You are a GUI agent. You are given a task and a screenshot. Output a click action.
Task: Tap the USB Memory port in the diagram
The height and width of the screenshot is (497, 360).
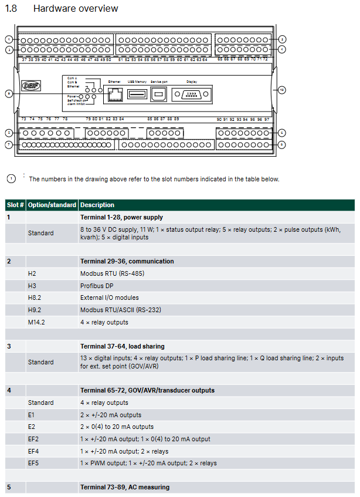click(137, 94)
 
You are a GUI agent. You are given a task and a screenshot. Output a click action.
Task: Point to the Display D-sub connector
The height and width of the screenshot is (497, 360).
click(192, 94)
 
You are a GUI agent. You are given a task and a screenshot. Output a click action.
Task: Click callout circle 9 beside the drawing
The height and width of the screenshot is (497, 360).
click(9, 93)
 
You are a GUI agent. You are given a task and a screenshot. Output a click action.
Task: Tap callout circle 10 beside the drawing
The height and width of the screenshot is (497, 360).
click(281, 90)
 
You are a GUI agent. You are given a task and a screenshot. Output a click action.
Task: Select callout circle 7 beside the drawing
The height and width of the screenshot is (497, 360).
click(9, 144)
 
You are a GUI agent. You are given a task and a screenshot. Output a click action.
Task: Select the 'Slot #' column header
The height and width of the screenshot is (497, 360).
click(15, 205)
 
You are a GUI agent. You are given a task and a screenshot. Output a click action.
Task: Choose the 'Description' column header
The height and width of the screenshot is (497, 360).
click(97, 205)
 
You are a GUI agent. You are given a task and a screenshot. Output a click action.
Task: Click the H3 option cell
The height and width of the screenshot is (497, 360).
click(32, 286)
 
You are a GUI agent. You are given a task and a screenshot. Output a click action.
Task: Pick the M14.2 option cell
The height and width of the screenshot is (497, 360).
click(36, 322)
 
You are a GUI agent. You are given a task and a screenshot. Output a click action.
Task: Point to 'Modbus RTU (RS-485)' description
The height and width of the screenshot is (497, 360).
click(112, 273)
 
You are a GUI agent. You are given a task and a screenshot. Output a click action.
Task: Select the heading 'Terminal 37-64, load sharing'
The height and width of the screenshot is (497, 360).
click(122, 346)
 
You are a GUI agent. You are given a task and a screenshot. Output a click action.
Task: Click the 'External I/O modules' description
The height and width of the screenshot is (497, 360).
click(110, 297)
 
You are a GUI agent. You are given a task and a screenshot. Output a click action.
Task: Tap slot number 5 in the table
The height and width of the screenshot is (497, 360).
click(9, 487)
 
